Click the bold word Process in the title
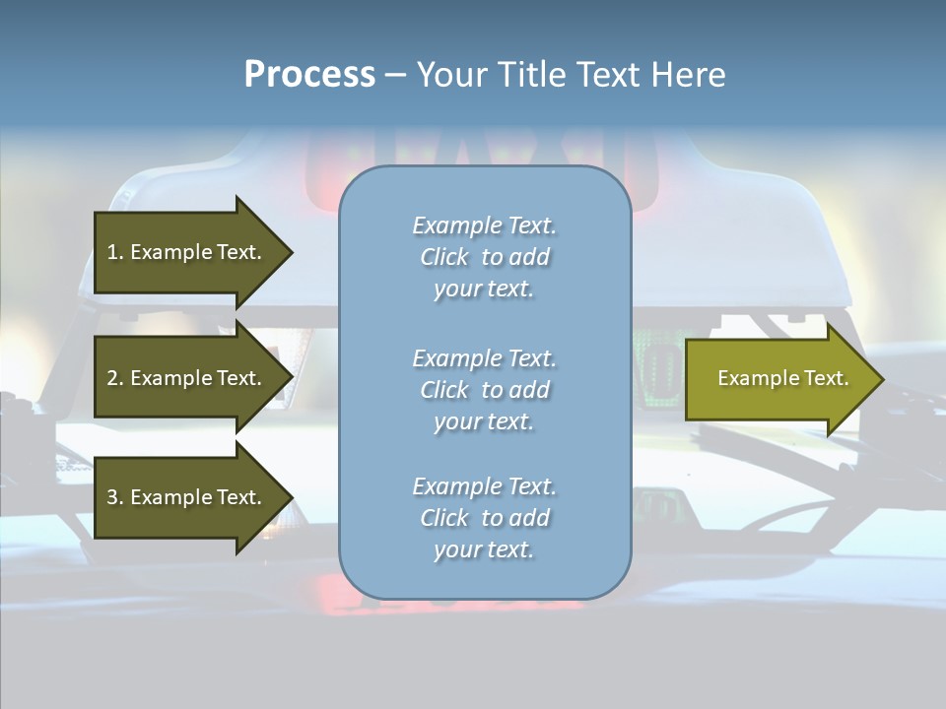pos(309,75)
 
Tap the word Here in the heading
pos(689,75)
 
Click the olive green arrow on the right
pos(778,378)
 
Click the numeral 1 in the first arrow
pos(112,252)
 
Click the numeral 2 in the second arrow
pos(112,378)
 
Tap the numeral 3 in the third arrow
pos(112,497)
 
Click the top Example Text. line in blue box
pos(485,226)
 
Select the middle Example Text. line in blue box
pos(485,357)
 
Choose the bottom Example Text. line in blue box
pos(485,486)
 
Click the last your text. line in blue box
pos(484,549)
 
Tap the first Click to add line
pos(485,257)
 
